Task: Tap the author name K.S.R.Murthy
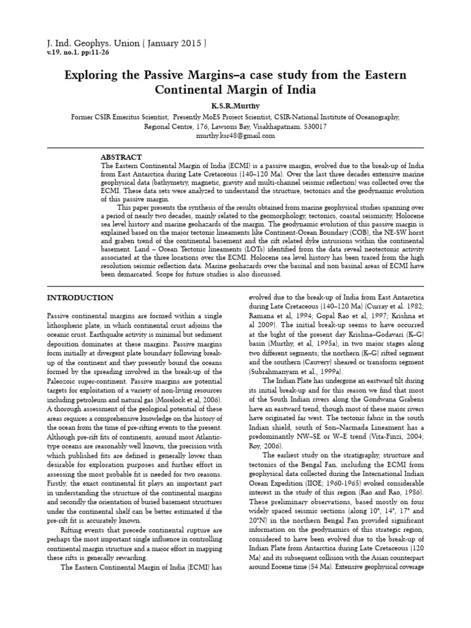(x=235, y=105)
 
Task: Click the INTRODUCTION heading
(x=80, y=297)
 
